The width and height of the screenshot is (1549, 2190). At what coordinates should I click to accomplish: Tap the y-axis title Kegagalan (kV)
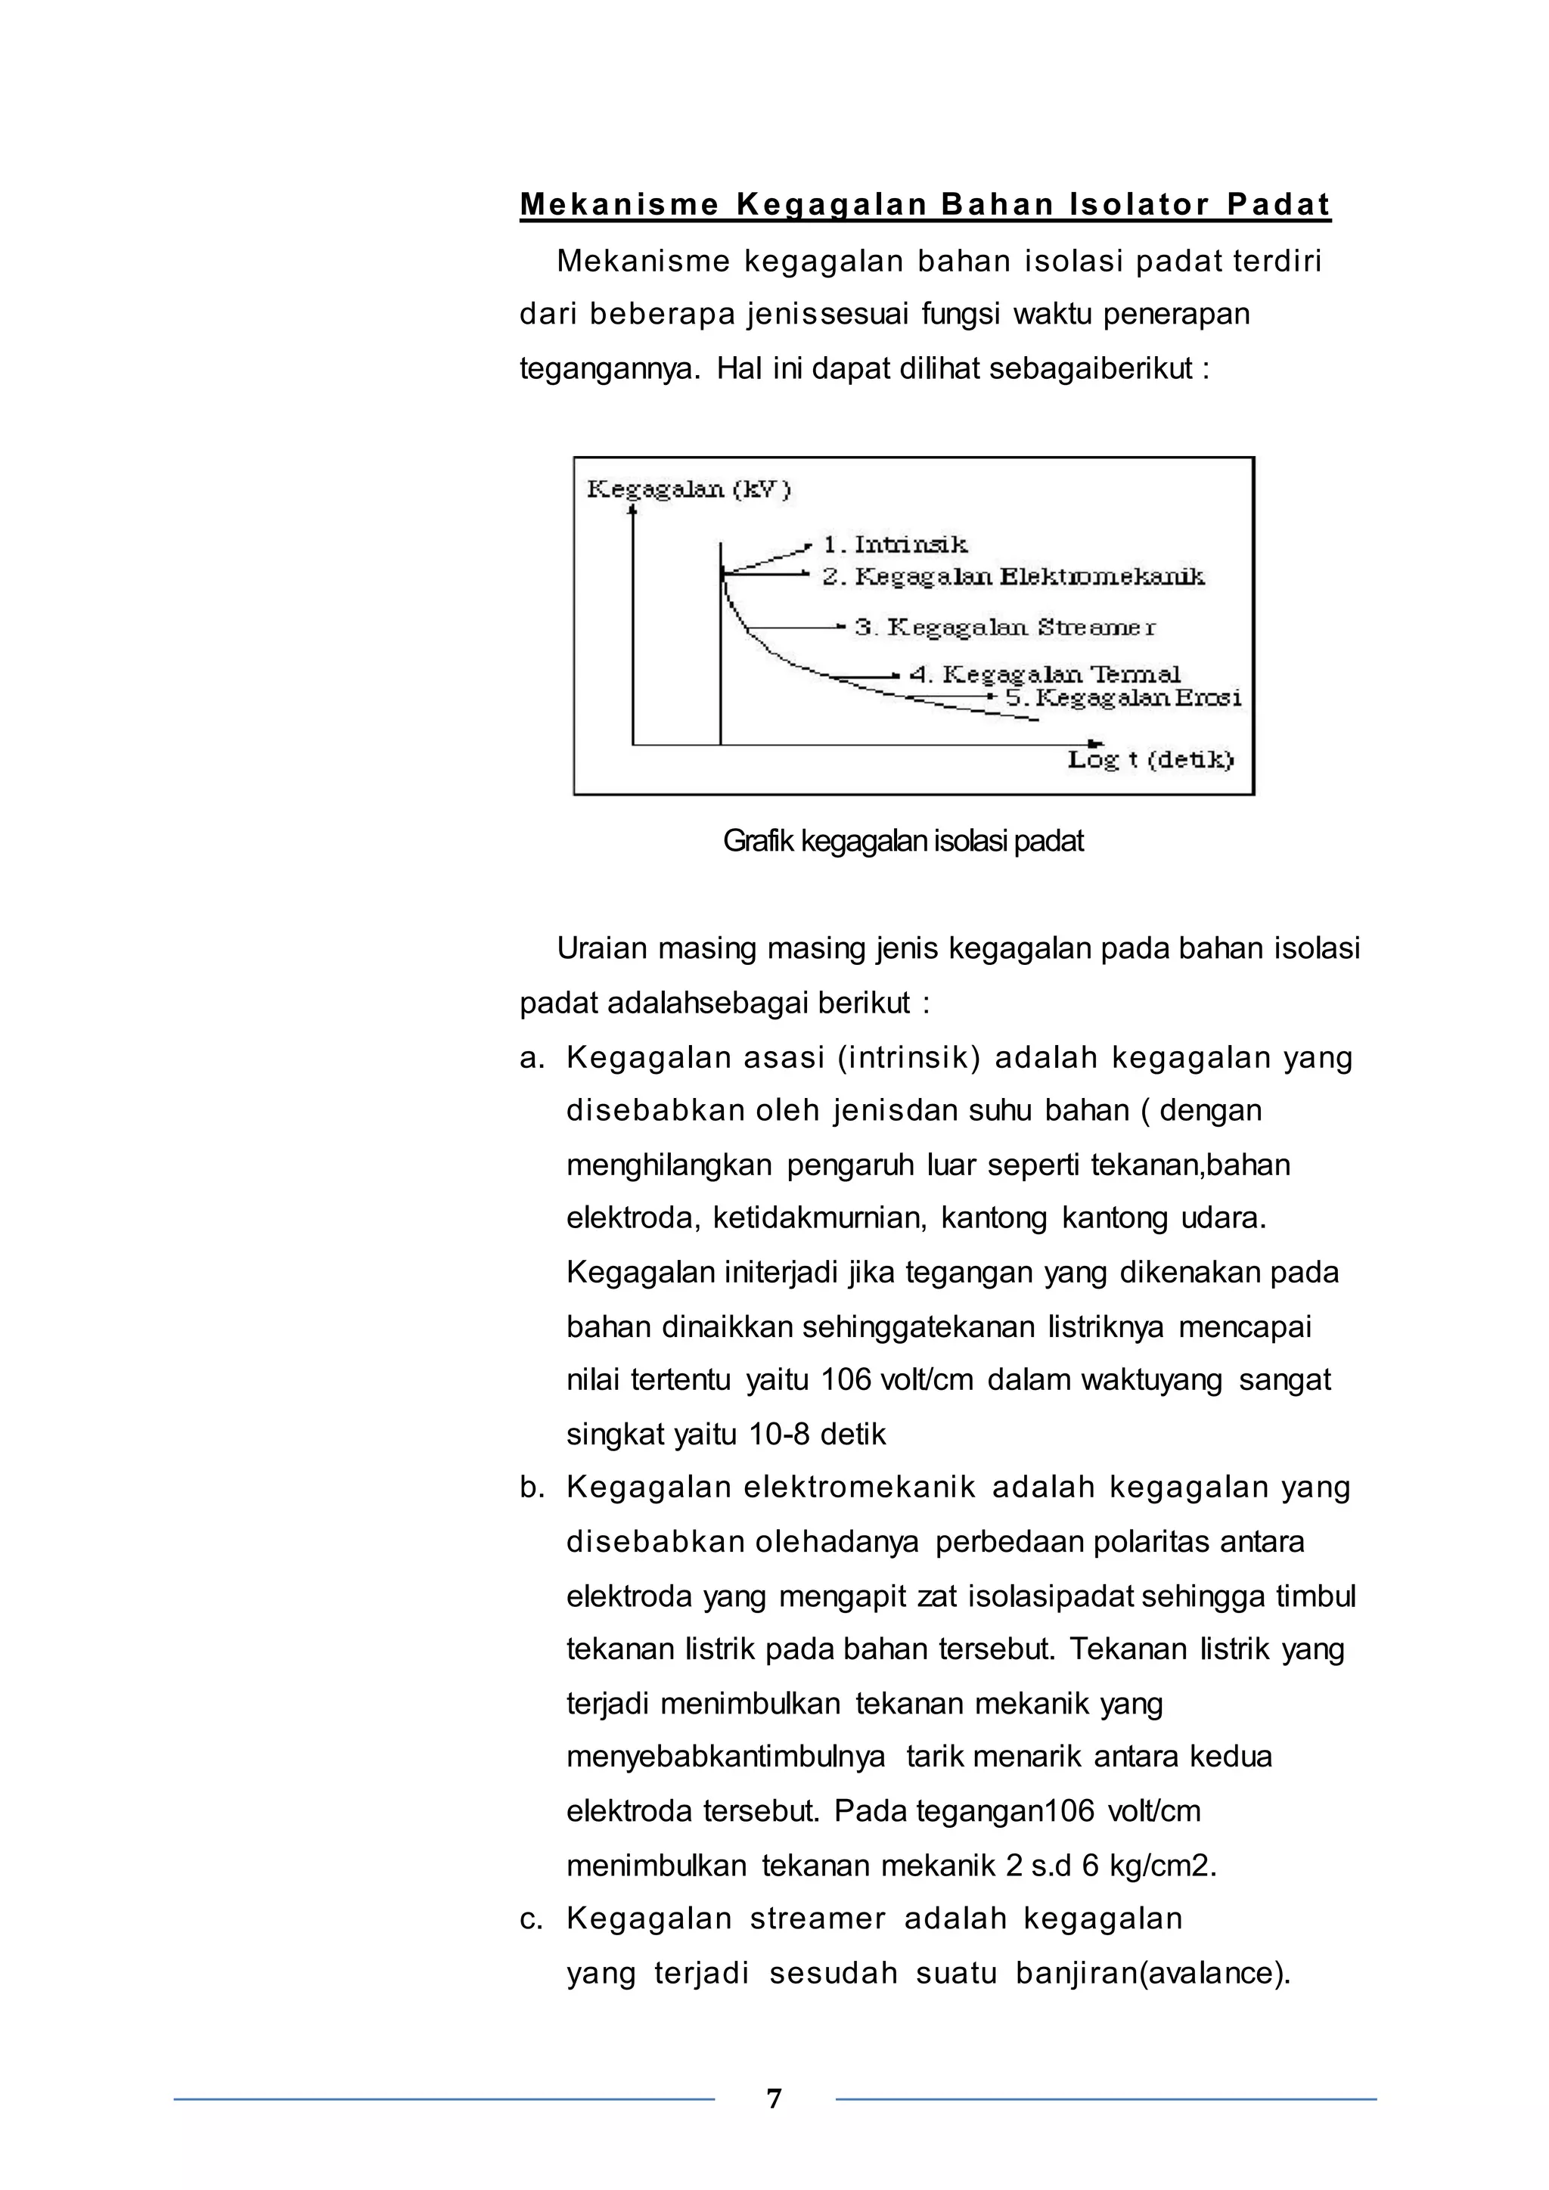[x=689, y=489]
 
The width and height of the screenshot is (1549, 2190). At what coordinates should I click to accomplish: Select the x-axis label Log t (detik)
[x=1150, y=759]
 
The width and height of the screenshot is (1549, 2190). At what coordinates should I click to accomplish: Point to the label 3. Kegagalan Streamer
[x=1004, y=628]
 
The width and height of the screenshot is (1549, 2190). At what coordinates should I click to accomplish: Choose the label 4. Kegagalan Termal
[x=1045, y=675]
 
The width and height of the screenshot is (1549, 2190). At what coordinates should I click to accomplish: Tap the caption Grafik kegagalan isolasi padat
[x=902, y=841]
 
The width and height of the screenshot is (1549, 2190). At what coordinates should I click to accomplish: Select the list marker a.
[x=531, y=1058]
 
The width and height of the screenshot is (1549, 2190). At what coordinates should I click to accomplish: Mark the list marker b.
[x=531, y=1487]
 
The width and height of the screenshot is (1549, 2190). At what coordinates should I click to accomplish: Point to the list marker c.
[x=531, y=1919]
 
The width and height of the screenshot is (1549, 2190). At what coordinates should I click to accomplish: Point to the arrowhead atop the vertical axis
[x=632, y=510]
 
